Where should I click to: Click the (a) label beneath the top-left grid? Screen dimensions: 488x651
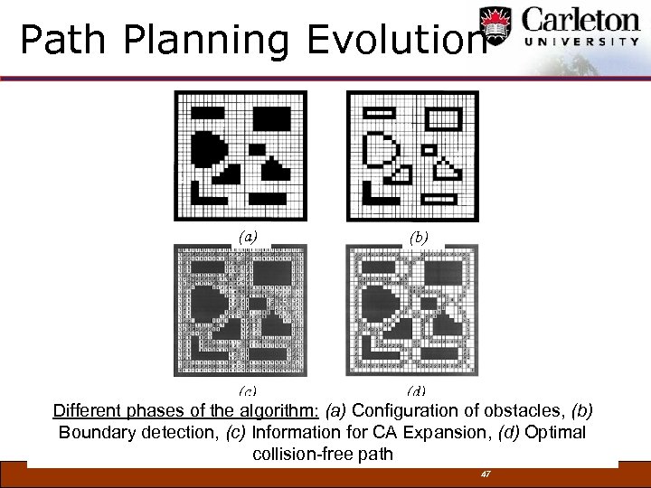pyautogui.click(x=247, y=237)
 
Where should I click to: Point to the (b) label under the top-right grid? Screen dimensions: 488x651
pyautogui.click(x=418, y=237)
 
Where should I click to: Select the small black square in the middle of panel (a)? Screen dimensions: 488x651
pyautogui.click(x=257, y=148)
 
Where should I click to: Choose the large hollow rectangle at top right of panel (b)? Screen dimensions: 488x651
pyautogui.click(x=443, y=117)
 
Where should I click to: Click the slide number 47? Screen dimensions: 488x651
pyautogui.click(x=486, y=474)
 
